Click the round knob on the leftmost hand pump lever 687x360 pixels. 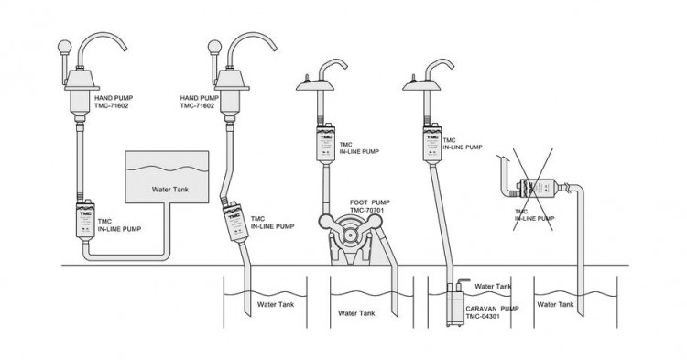click(x=64, y=47)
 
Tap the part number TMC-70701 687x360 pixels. click(x=366, y=210)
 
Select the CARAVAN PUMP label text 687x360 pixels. click(x=492, y=309)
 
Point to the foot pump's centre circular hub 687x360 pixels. click(x=349, y=235)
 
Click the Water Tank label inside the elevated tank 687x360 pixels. click(x=170, y=190)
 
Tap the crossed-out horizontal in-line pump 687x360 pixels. click(x=535, y=188)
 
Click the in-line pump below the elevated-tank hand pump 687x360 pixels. click(x=85, y=220)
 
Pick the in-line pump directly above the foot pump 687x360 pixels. click(x=325, y=145)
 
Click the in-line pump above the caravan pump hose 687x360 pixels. click(x=433, y=145)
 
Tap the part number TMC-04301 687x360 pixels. click(x=483, y=316)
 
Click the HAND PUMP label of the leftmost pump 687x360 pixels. click(x=114, y=98)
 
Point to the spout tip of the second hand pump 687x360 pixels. click(x=274, y=49)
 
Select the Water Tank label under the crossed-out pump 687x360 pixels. click(x=555, y=304)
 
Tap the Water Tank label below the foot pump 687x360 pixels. click(x=356, y=313)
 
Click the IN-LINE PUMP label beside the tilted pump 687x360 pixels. click(x=273, y=226)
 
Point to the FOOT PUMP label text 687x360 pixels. click(x=370, y=202)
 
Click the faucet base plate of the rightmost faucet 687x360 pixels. click(x=421, y=85)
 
